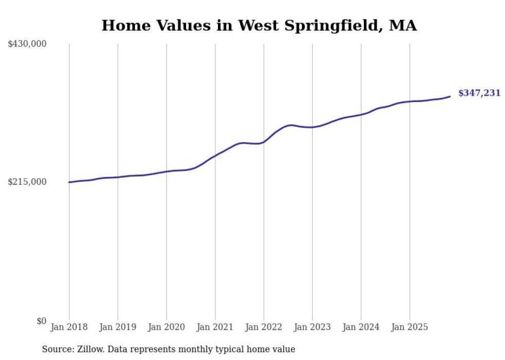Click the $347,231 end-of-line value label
pyautogui.click(x=479, y=93)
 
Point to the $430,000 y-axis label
pyautogui.click(x=27, y=44)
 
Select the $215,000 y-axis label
pyautogui.click(x=27, y=182)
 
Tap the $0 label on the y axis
pyautogui.click(x=41, y=321)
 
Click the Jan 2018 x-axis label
pyautogui.click(x=69, y=327)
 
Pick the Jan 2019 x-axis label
pyautogui.click(x=117, y=327)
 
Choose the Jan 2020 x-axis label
pyautogui.click(x=166, y=327)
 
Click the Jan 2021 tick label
pyautogui.click(x=215, y=327)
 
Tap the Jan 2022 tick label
pyautogui.click(x=264, y=327)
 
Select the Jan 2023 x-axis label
pyautogui.click(x=312, y=327)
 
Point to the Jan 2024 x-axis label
pyautogui.click(x=361, y=327)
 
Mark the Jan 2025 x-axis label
pyautogui.click(x=410, y=327)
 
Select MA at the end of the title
pyautogui.click(x=403, y=25)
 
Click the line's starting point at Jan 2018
pyautogui.click(x=69, y=182)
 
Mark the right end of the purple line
pyautogui.click(x=450, y=96)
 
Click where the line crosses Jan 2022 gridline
pyautogui.click(x=264, y=142)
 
